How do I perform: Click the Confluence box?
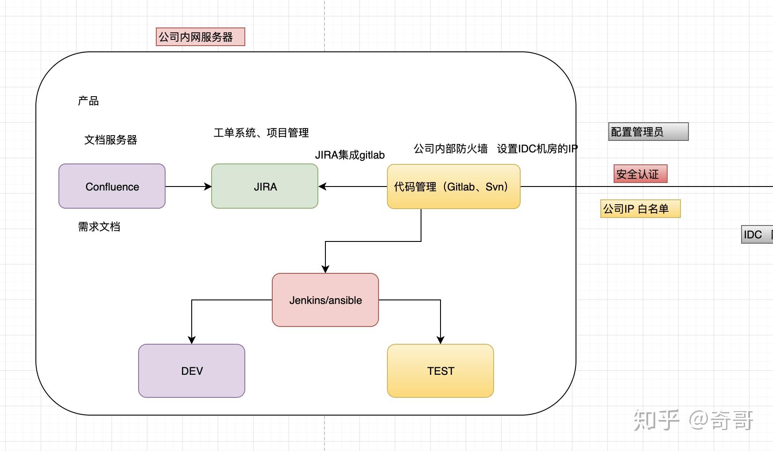point(112,187)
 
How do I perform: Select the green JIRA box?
point(265,187)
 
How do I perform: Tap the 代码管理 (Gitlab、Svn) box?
point(453,187)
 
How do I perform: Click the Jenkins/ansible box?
point(325,300)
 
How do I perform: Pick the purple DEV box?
point(192,371)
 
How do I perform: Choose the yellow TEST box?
point(441,371)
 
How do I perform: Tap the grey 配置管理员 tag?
point(648,132)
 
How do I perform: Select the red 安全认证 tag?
point(640,174)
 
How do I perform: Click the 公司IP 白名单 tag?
point(640,209)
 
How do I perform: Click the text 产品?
point(89,101)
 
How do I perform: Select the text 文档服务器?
point(111,140)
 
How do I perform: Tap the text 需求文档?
point(99,227)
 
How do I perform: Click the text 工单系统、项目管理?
point(261,133)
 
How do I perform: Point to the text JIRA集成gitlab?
point(350,155)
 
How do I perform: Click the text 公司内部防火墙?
point(451,149)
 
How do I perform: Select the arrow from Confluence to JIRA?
point(188,187)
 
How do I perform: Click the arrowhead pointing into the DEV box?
point(192,340)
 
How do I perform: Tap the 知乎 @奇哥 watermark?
point(693,420)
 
